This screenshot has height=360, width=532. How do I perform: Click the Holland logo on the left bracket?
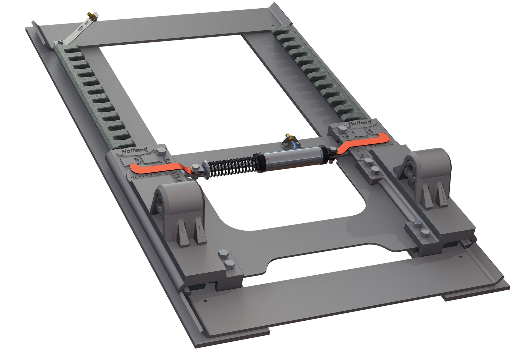135,151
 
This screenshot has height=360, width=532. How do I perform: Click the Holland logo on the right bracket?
360,123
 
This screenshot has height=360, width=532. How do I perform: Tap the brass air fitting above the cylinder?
289,136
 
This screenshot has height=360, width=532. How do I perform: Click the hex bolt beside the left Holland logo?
160,152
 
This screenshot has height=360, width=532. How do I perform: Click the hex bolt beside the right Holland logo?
342,129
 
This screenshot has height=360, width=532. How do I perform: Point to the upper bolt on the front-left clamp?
223,253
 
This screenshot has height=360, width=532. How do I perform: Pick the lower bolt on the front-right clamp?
424,233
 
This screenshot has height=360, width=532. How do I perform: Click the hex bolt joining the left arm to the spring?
195,167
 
